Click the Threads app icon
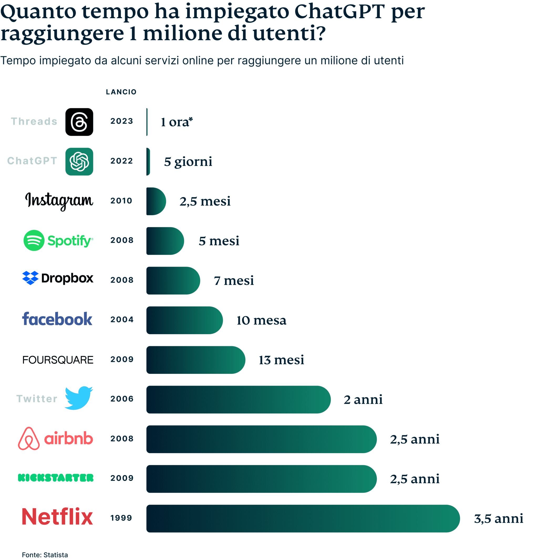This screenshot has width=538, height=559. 79,122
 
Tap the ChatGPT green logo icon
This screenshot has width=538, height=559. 79,162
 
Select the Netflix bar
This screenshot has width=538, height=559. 302,518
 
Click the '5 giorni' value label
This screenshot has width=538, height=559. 188,162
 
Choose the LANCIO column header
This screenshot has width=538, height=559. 121,92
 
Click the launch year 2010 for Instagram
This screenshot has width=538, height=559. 121,201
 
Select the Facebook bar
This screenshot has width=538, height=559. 184,320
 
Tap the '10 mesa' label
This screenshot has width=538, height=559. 261,320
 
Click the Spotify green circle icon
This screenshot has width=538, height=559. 34,240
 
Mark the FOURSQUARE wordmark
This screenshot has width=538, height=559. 58,360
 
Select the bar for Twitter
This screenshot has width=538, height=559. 238,399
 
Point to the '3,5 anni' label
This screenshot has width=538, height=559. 498,519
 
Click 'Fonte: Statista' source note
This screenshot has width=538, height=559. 45,555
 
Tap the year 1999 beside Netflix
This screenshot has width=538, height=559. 121,518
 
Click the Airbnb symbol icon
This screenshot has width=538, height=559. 29,439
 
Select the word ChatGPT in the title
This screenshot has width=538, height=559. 339,12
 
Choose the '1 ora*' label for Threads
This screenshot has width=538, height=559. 177,122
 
